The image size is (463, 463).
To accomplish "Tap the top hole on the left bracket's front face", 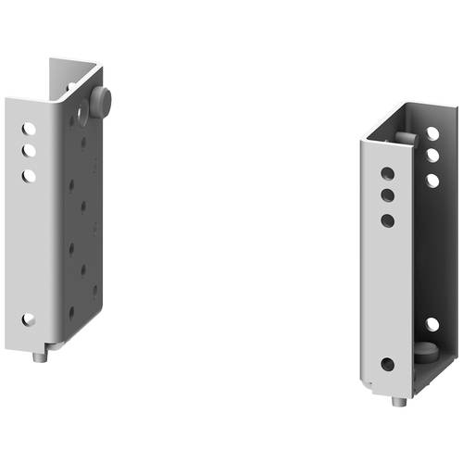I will (30, 129).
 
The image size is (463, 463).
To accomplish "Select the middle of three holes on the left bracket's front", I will (30, 150).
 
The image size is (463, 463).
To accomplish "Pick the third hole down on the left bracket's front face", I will (30, 174).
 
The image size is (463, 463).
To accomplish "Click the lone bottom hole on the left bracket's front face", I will (29, 319).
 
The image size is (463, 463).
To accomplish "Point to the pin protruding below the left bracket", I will (40, 355).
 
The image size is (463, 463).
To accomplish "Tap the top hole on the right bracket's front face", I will (387, 173).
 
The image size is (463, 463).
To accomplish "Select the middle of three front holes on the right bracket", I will (387, 196).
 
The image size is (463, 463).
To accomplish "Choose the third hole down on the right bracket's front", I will (387, 220).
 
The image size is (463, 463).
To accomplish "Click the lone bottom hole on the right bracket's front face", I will (387, 364).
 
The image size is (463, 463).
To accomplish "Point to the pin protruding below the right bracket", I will (397, 402).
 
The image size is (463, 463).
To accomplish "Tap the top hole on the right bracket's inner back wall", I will (432, 133).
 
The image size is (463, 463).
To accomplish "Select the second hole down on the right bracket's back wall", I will (432, 156).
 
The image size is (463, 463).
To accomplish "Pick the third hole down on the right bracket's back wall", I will (432, 180).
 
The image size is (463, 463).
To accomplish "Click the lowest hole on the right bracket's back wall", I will (432, 324).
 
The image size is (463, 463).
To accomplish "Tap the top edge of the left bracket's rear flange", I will (74, 64).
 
